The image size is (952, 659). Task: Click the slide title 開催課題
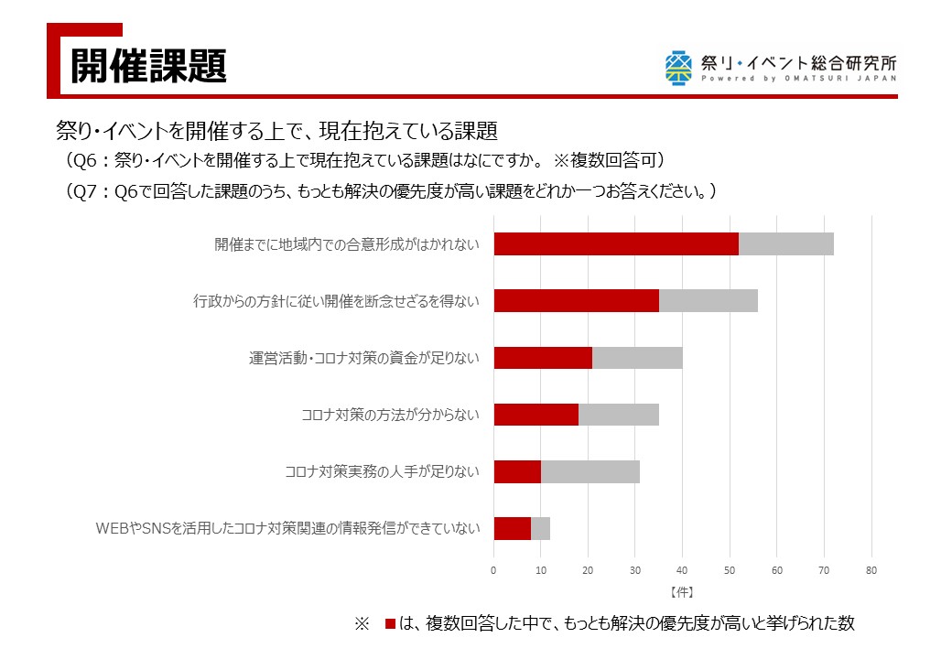click(148, 66)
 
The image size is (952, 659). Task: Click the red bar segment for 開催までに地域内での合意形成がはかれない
click(616, 244)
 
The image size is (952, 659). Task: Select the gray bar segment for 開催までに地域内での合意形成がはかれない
click(786, 244)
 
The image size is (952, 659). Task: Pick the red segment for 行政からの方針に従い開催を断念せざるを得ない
click(577, 301)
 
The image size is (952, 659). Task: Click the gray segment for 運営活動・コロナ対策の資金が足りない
click(637, 358)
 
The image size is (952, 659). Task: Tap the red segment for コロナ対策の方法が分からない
click(536, 415)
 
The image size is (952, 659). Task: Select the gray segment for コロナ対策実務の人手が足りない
click(590, 471)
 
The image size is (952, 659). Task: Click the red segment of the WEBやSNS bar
click(513, 528)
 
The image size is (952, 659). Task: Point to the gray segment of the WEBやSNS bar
click(541, 528)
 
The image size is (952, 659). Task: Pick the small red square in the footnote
click(390, 624)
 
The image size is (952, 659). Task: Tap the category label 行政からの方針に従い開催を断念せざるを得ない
click(336, 301)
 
